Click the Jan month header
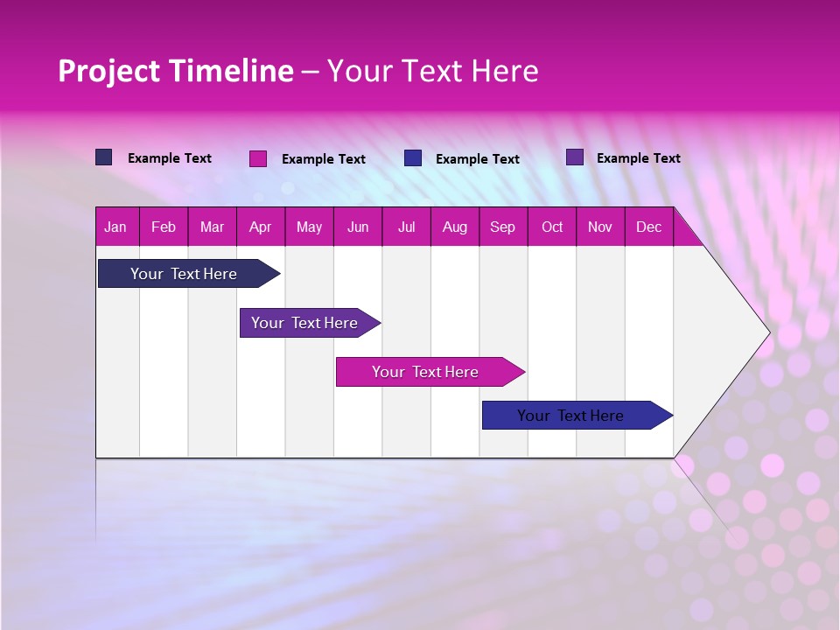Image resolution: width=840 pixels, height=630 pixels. [115, 227]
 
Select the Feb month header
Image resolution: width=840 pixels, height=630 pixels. [164, 227]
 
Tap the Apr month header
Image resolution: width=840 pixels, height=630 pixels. [260, 227]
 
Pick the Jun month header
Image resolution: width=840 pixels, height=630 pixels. [358, 227]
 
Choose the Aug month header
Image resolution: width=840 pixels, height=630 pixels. [454, 227]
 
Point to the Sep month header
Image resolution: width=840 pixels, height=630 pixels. [502, 227]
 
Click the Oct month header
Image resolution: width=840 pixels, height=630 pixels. [552, 227]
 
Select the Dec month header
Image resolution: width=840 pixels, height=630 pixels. [648, 227]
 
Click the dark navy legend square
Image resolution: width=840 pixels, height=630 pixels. [104, 157]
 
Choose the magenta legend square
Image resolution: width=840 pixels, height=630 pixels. [258, 158]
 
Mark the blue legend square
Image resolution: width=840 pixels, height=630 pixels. [413, 158]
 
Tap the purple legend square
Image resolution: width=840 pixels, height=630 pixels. [575, 157]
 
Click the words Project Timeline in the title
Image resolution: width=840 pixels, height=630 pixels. [176, 71]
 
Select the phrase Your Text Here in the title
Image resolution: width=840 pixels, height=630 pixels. [432, 71]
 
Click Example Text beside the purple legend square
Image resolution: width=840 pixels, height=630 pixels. [638, 158]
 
